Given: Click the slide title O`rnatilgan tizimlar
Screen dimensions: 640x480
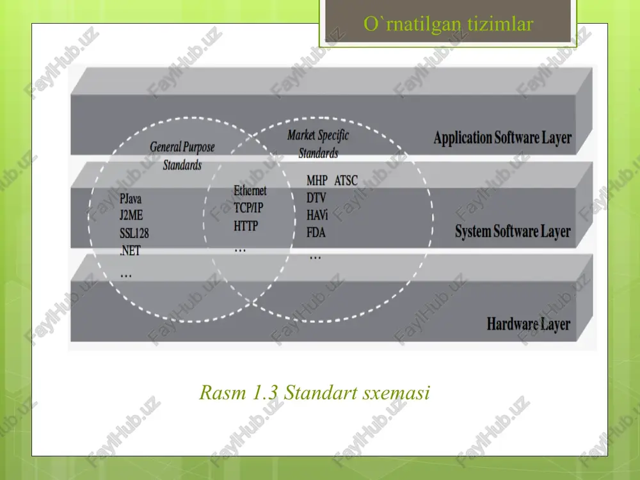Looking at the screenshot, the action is pos(448,24).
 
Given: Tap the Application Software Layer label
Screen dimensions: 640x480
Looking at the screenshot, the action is pos(502,138).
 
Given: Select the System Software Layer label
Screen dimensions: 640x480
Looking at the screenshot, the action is pos(513,232).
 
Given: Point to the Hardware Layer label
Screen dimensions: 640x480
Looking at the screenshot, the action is pos(529,324).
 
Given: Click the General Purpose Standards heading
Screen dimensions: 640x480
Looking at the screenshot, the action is pos(182,156).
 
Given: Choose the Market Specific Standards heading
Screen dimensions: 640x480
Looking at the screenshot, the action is pos(318,143).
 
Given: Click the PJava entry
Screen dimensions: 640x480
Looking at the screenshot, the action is pos(131,199).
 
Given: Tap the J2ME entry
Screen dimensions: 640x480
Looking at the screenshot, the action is pos(131,215).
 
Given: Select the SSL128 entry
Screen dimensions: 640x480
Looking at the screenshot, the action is pos(134,233).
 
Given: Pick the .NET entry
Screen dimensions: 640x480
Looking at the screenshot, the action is pos(130,250).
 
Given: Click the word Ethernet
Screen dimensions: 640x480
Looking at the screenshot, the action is pos(250,191).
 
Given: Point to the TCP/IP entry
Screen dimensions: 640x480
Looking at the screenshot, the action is pos(248,208).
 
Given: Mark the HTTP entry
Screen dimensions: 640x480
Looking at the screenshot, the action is pos(246,226).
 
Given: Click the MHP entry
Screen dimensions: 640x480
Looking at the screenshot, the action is pos(317,180).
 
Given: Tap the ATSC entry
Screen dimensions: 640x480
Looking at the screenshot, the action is pos(346,180).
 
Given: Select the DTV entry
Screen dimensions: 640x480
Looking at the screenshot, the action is pos(316,198).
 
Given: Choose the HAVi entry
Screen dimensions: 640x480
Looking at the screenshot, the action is pos(317,214).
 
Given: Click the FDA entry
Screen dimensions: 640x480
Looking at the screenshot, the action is pos(316,233).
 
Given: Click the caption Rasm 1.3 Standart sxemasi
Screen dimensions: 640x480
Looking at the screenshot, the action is pos(315,393).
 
